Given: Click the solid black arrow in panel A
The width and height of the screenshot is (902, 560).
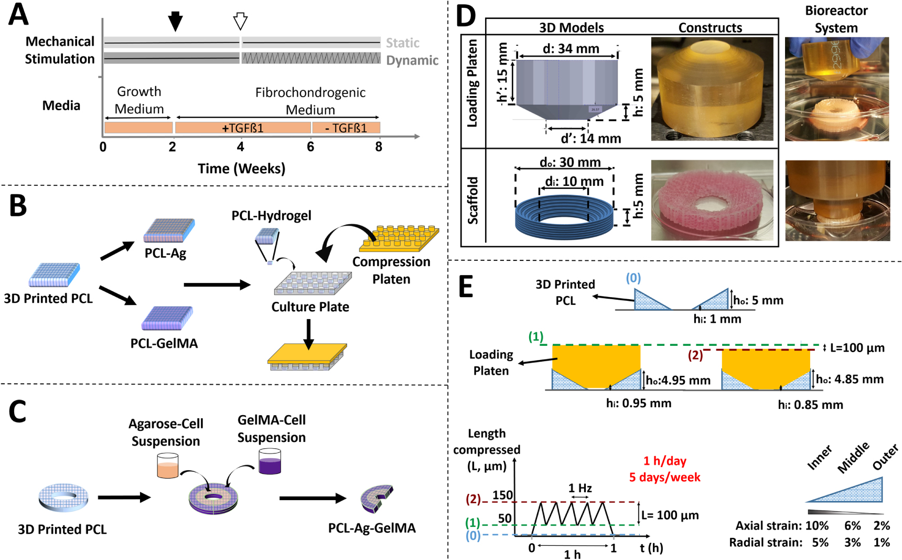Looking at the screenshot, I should pos(175,21).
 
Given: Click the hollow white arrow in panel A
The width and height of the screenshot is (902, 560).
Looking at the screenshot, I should pos(240,21).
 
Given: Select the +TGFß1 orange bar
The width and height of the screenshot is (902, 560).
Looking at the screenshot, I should pos(243,128).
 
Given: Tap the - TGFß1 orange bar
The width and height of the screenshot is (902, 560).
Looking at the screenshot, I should pos(346,128).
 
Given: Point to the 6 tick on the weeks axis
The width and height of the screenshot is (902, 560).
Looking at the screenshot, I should pos(310,147).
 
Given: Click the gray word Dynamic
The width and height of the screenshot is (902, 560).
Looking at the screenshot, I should pos(412,60).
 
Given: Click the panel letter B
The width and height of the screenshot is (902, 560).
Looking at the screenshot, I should pos(18,206).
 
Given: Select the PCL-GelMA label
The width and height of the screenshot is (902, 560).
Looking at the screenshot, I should pos(164,344).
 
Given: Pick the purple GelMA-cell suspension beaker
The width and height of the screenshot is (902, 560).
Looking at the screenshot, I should pos(270,461).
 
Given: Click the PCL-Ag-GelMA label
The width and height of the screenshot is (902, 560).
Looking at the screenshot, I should pos(372,528).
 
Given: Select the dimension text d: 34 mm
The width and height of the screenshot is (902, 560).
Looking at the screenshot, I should pos(571,49).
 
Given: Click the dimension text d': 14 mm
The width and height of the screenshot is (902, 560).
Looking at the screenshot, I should pos(590,139).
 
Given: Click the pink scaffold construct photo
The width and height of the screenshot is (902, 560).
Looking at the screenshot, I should pos(712,200).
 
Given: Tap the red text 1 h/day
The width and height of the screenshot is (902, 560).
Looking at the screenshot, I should pos(664,461).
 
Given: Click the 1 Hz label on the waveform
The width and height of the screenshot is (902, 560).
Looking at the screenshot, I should pos(580,488).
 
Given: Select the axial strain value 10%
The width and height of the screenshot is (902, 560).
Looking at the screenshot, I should pos(817,525).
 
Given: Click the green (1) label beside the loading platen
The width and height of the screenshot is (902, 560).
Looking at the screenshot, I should pos(535,336).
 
